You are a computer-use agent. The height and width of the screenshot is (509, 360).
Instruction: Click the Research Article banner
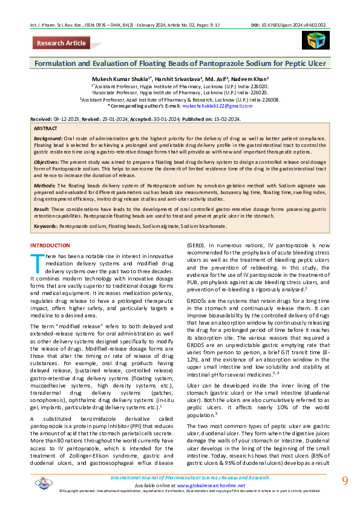[x=61, y=43]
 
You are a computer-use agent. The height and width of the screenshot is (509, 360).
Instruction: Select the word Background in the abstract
[x=48, y=139]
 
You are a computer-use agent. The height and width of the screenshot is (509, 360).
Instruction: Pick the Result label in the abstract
[x=42, y=209]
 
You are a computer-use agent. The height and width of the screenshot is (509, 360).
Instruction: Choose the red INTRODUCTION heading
[x=50, y=246]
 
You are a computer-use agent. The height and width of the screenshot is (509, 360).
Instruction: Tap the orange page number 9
[x=345, y=481]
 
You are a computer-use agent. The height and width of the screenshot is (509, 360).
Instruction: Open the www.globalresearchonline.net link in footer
[x=203, y=485]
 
